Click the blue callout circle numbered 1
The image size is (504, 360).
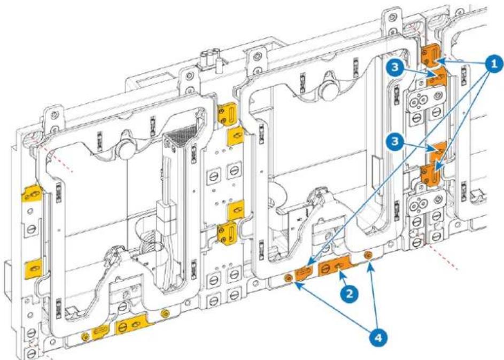(494, 64)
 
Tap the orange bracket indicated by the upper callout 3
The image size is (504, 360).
(437, 76)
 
